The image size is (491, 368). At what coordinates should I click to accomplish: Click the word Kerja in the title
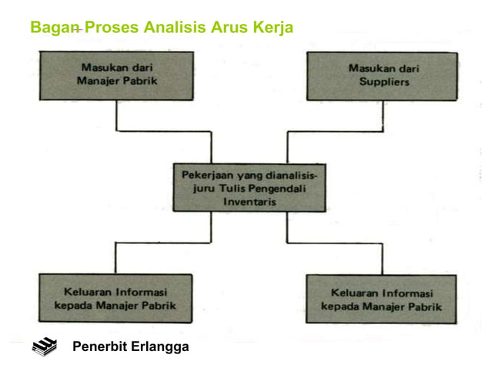[272, 28]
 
